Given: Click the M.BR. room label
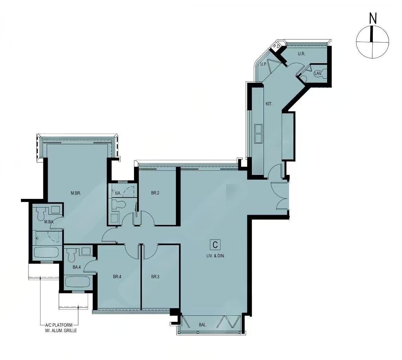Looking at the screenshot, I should [76, 193].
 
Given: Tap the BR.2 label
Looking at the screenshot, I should [155, 193].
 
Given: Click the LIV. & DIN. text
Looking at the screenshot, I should [215, 256].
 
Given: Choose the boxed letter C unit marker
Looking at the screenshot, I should [215, 245].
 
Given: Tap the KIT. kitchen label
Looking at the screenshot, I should [269, 103].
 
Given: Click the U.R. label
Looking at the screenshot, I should [301, 54].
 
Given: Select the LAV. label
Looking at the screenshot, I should [317, 73].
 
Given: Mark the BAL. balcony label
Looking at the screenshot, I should [203, 325].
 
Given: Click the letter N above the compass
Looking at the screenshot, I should [372, 19].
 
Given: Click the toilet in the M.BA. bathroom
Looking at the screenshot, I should [40, 214].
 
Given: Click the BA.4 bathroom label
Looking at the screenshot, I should [76, 267].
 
